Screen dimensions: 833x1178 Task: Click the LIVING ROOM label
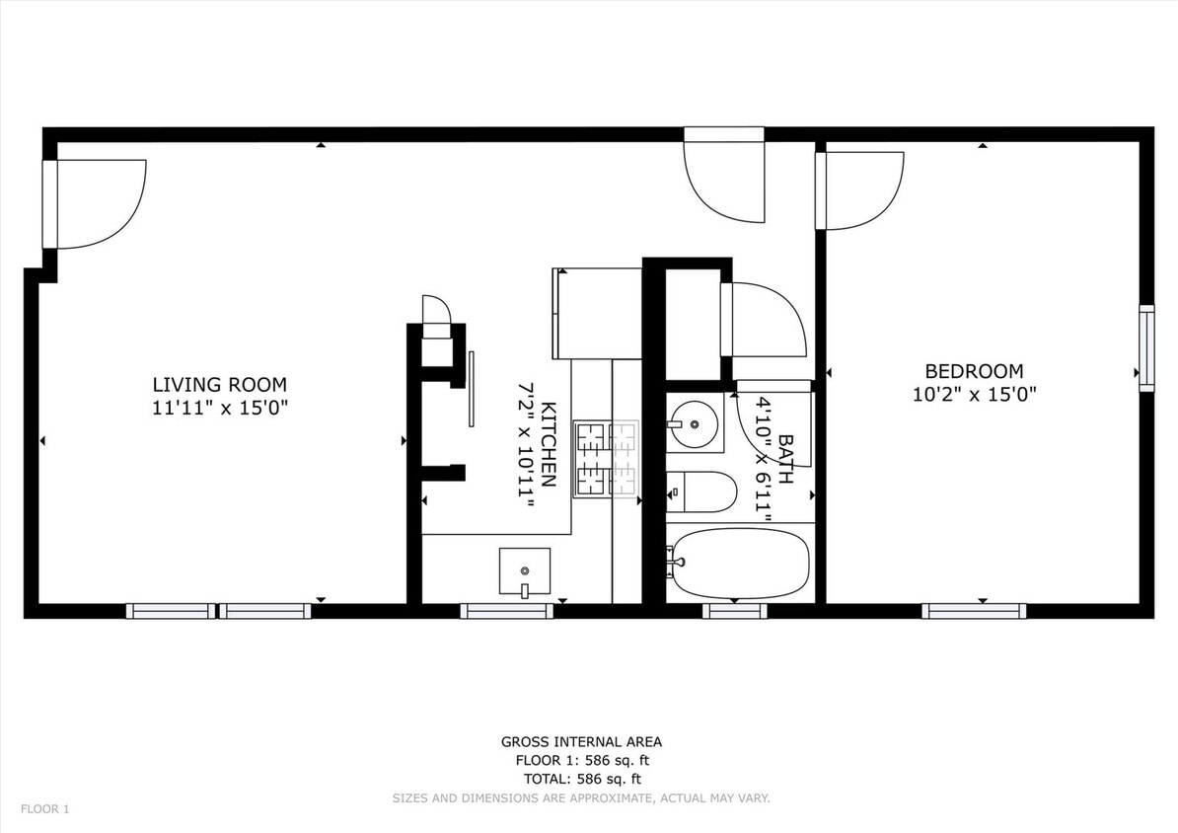pyautogui.click(x=219, y=385)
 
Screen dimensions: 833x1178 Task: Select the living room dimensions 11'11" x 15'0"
pyautogui.click(x=219, y=407)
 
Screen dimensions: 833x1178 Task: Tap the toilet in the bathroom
pyautogui.click(x=702, y=492)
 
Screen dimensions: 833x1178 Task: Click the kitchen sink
pyautogui.click(x=524, y=571)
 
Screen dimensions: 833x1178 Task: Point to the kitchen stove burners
pyautogui.click(x=607, y=458)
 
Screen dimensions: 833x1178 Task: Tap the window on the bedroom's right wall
pyautogui.click(x=1145, y=348)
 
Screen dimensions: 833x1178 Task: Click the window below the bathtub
pyautogui.click(x=734, y=611)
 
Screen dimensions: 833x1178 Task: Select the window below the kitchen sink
pyautogui.click(x=506, y=611)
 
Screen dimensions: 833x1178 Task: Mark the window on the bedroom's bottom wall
pyautogui.click(x=973, y=611)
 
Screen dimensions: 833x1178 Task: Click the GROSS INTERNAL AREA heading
pyautogui.click(x=581, y=741)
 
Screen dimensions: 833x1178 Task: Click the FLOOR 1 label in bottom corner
pyautogui.click(x=45, y=809)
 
